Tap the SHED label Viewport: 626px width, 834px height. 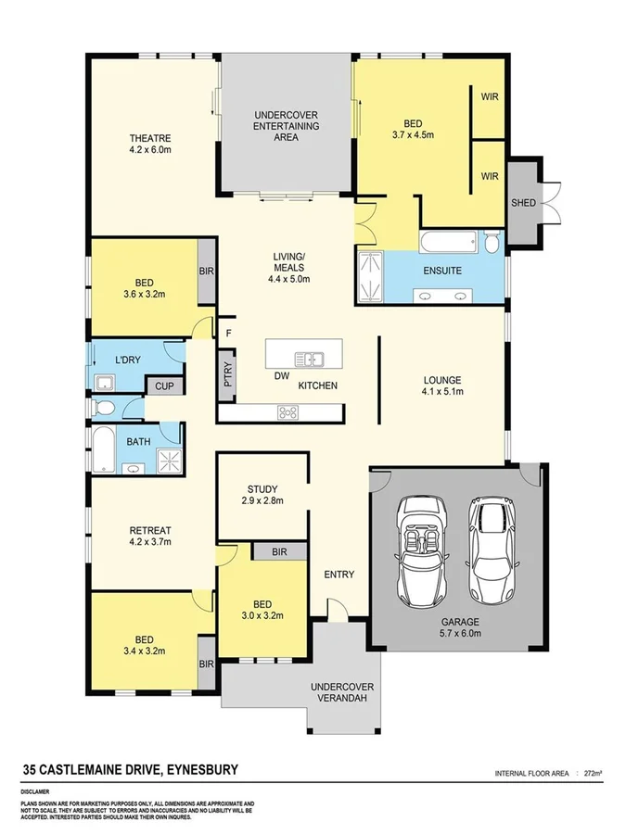(524, 203)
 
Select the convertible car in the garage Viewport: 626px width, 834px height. (423, 550)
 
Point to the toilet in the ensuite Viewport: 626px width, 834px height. (492, 243)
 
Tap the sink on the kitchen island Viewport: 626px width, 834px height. (308, 359)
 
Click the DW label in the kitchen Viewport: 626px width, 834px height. (281, 376)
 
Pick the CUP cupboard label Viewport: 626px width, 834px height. (164, 386)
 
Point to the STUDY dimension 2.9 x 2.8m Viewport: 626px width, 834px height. (262, 500)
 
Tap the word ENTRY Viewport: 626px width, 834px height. (339, 575)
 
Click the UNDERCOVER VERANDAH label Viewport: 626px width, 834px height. (342, 692)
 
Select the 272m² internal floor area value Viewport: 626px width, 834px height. (591, 771)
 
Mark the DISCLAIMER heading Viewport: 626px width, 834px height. (39, 792)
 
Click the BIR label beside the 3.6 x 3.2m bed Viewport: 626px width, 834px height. (206, 272)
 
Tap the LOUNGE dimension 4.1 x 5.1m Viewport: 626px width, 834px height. (441, 393)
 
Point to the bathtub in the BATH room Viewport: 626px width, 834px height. (105, 450)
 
